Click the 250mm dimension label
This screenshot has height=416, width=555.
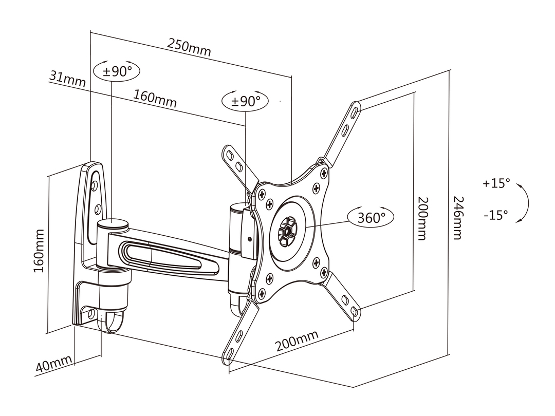pos(189,47)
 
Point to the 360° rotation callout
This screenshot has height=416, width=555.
pos(372,217)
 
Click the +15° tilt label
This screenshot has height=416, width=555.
pos(496,183)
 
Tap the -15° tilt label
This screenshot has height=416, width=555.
pos(495,214)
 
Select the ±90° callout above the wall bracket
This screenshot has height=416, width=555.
pos(117,71)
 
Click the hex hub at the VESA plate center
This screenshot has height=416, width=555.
pos(286,231)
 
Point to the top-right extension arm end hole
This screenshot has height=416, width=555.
pos(355,109)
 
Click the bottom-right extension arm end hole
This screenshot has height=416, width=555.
pos(355,310)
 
